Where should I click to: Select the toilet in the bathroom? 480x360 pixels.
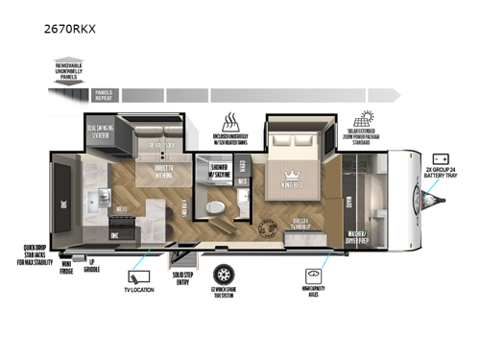218,206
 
